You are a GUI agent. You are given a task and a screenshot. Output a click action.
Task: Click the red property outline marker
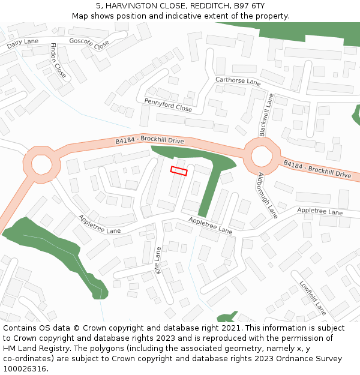pyautogui.click(x=179, y=170)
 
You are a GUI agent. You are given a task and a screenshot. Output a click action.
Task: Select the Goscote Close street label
pyautogui.click(x=89, y=43)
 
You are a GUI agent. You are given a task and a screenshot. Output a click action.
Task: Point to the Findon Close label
pyautogui.click(x=58, y=61)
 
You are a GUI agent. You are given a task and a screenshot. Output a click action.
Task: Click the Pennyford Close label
pyautogui.click(x=168, y=105)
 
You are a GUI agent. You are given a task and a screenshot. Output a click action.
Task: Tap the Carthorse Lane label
pyautogui.click(x=238, y=82)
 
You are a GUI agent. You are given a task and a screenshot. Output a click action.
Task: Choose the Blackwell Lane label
pyautogui.click(x=266, y=114)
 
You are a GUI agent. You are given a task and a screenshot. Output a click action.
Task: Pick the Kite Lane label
pyautogui.click(x=158, y=260)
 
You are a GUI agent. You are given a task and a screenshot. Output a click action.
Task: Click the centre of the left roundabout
pyautogui.click(x=41, y=163)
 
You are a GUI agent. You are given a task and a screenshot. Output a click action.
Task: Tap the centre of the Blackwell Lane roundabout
pyautogui.click(x=262, y=156)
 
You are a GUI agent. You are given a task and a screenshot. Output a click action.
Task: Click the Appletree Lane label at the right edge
pyautogui.click(x=320, y=212)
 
